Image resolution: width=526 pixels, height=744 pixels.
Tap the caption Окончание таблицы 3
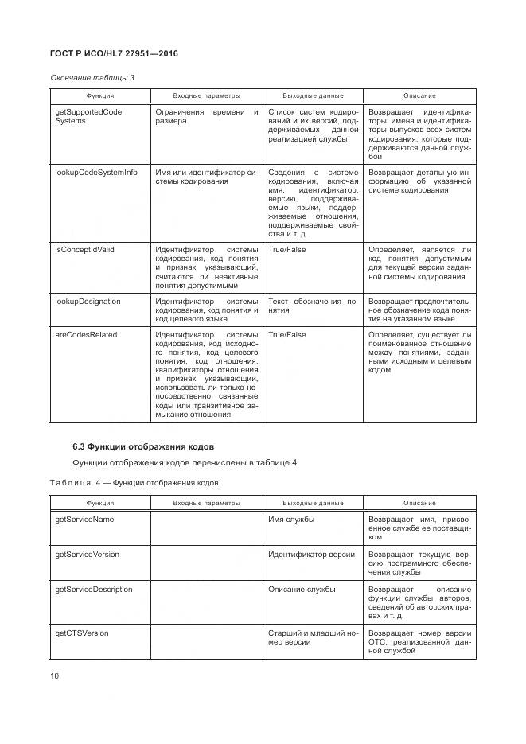click(92, 77)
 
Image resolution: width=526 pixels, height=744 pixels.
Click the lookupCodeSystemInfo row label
click(95, 172)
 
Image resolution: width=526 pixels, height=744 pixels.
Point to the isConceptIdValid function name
click(84, 249)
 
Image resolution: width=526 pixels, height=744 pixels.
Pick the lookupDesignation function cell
click(88, 302)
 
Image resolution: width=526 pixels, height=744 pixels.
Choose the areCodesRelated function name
click(86, 335)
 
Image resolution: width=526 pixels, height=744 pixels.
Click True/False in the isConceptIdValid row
click(287, 249)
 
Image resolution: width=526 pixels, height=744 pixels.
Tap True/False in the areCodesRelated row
click(287, 335)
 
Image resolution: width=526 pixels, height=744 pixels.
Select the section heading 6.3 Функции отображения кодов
click(143, 445)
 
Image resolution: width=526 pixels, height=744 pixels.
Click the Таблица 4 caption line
click(134, 482)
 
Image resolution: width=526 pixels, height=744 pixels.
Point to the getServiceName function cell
click(84, 519)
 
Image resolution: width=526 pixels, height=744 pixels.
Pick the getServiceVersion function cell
click(87, 554)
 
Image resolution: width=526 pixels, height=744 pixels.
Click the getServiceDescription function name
click(93, 590)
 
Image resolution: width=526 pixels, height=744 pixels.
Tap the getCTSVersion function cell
click(82, 633)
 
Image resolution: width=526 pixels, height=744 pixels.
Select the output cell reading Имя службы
click(291, 519)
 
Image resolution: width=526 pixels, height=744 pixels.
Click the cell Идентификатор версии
click(311, 554)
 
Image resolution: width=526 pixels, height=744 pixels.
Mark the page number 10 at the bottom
click(55, 676)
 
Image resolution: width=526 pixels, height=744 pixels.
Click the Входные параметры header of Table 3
click(206, 95)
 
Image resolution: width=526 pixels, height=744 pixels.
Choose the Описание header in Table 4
click(419, 503)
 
